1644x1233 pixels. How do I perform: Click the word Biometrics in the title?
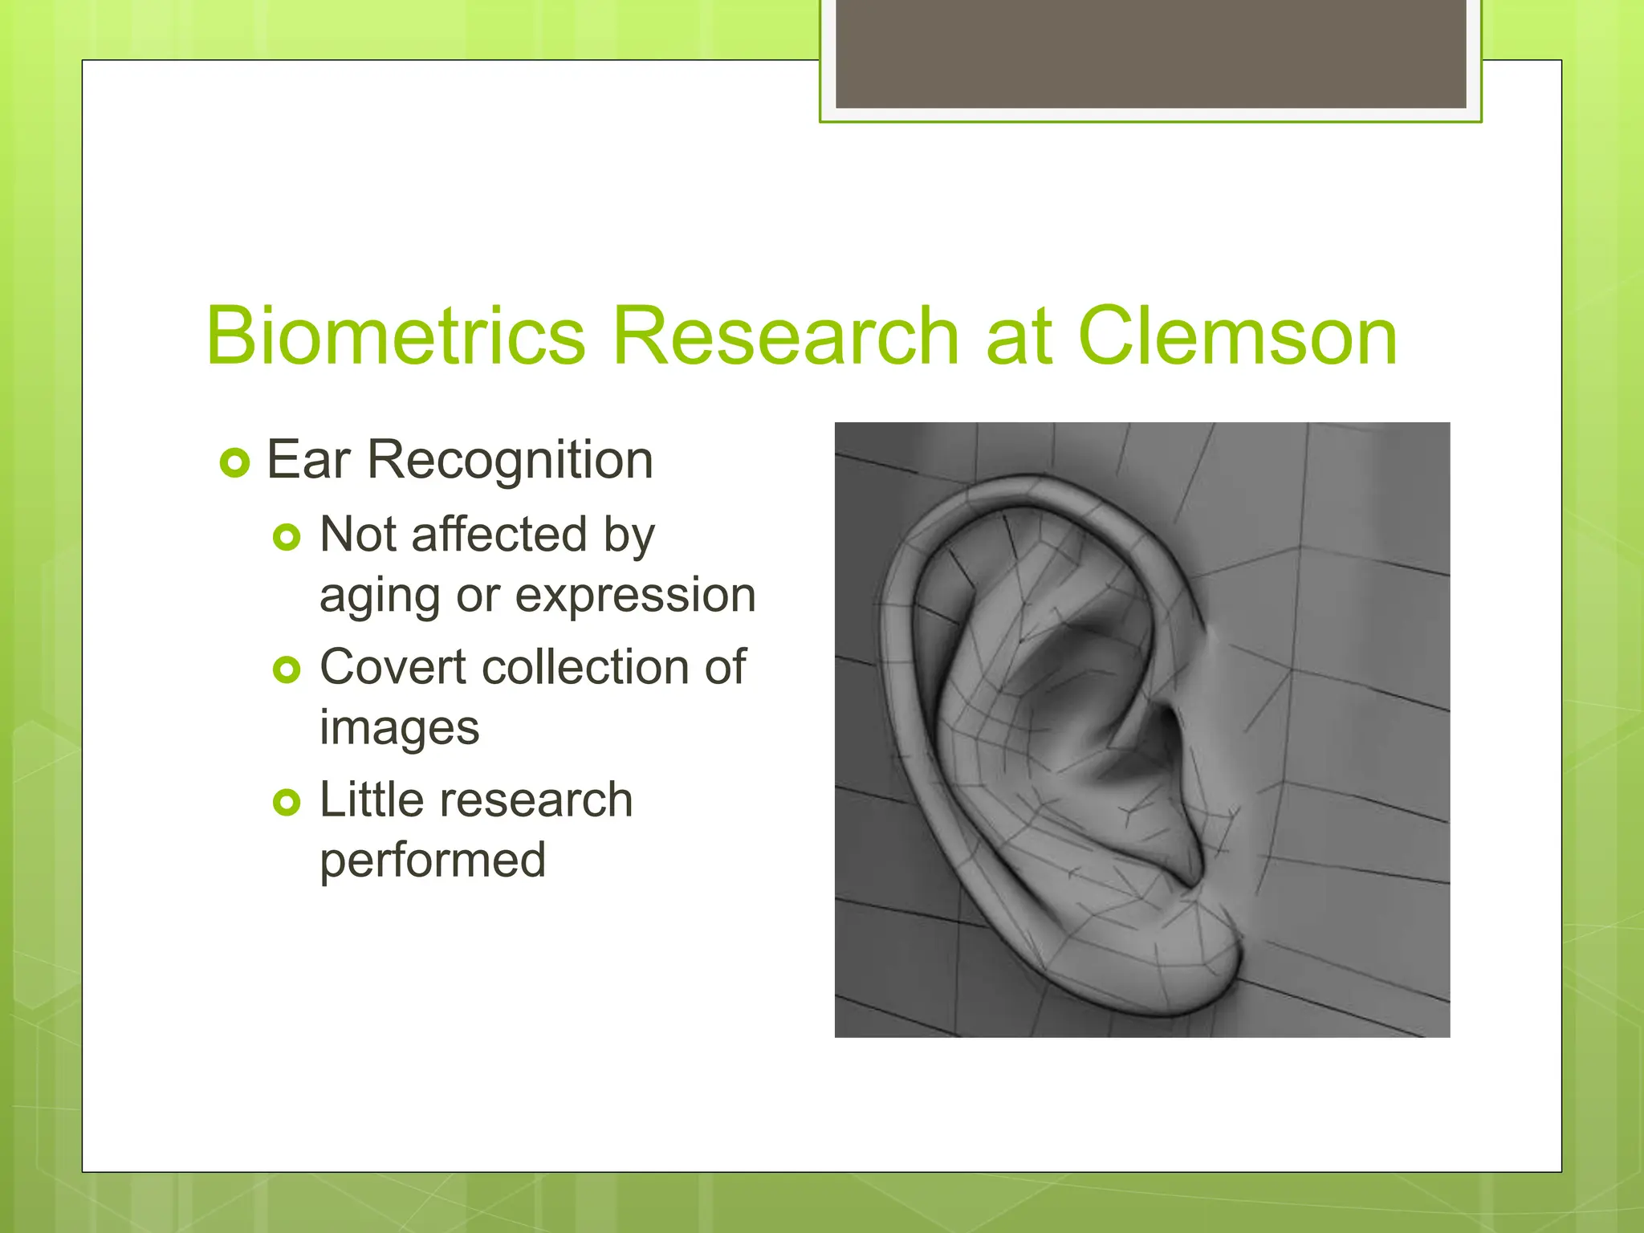coord(396,336)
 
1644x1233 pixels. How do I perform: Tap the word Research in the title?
coord(786,336)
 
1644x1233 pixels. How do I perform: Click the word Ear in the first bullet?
coord(308,461)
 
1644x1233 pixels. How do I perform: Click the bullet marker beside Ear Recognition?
coord(234,463)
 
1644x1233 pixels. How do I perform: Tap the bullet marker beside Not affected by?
coord(287,536)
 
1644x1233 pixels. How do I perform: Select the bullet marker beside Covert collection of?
coord(287,669)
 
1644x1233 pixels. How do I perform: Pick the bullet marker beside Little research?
coord(287,801)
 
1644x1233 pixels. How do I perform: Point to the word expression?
coord(635,596)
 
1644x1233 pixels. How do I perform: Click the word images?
coord(399,729)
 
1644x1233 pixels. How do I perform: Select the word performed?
coord(433,861)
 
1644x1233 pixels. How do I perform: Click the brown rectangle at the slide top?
coord(1150,52)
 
